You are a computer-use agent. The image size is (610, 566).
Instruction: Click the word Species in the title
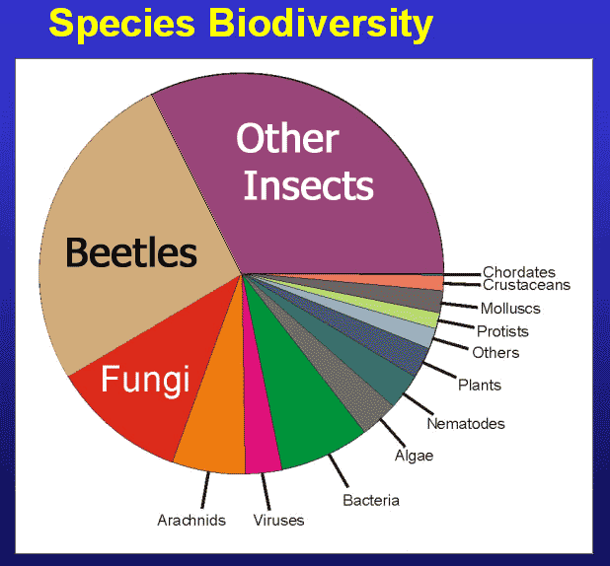121,24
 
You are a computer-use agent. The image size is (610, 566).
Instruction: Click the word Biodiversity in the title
321,24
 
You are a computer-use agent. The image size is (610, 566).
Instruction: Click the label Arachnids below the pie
191,520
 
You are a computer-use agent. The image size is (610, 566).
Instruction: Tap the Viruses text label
278,520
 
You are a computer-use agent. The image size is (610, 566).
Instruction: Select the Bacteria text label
371,500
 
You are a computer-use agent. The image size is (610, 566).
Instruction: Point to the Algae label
414,456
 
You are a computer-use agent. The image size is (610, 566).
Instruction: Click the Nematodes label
466,424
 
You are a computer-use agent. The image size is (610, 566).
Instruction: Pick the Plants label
480,386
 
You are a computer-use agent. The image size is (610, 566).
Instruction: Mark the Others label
496,353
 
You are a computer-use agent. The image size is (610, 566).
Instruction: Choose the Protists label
502,331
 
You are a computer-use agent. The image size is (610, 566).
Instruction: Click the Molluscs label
510,309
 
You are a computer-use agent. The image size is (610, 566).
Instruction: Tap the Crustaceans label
526,285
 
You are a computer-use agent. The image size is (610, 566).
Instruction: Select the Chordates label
519,272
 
